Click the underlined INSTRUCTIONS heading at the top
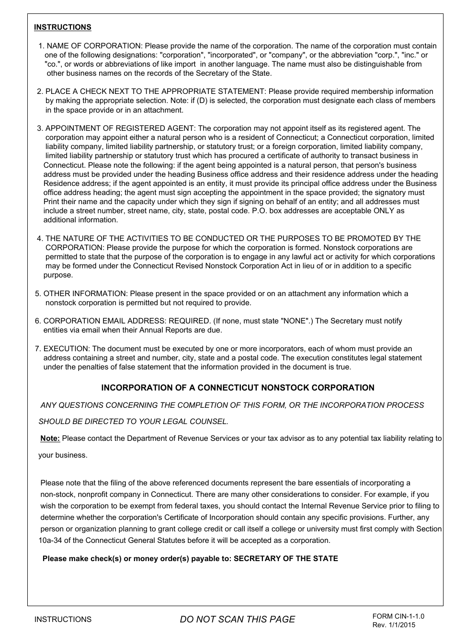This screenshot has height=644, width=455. (62, 27)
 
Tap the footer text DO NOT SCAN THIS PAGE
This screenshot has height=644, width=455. (237, 619)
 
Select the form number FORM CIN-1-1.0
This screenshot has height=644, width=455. (398, 616)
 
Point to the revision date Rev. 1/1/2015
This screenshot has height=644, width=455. (394, 625)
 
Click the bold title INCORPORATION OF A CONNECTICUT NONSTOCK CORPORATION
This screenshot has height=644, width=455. (238, 388)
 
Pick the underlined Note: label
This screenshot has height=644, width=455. (50, 438)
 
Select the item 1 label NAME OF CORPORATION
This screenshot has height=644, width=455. (94, 46)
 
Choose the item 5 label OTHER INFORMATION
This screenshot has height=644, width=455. (85, 293)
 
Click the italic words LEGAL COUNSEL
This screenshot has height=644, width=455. (196, 422)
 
